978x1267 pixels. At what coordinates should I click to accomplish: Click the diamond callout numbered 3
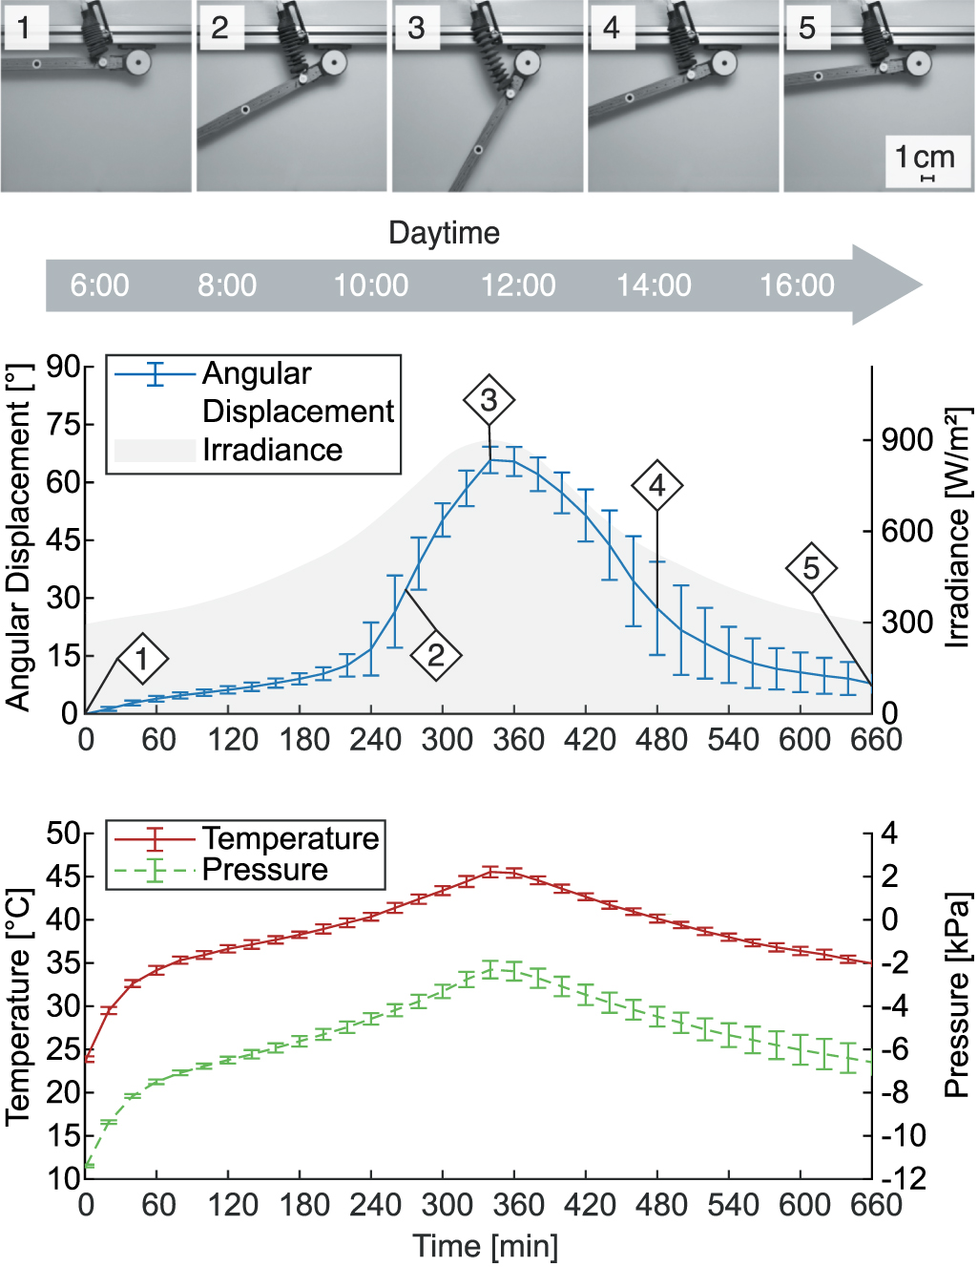point(489,401)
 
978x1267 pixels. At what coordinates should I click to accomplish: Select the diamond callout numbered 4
point(656,486)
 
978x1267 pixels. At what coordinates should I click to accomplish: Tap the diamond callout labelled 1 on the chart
point(142,659)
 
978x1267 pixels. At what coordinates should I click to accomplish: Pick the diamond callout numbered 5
point(811,568)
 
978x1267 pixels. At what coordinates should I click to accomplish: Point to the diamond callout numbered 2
point(436,656)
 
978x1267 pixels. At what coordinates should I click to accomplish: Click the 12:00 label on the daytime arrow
point(518,285)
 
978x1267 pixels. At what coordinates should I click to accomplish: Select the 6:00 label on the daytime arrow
point(99,285)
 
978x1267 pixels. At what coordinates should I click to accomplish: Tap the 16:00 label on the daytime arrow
point(797,285)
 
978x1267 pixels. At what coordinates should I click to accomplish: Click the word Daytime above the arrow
point(444,233)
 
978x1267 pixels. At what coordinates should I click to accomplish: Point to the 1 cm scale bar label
point(925,157)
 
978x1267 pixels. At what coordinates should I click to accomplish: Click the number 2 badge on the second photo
point(219,29)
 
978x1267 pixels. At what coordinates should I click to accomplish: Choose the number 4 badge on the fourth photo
point(612,29)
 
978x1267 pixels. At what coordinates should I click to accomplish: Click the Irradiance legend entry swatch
point(155,451)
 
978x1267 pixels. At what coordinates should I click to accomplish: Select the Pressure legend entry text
point(265,870)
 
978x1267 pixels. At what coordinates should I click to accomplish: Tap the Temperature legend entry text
point(291,838)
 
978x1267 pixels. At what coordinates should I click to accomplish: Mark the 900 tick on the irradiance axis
point(907,440)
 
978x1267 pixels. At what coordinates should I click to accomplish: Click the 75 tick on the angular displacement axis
point(63,424)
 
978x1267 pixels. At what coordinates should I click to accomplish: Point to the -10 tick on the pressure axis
point(902,1135)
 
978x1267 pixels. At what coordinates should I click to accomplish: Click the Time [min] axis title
point(486,1246)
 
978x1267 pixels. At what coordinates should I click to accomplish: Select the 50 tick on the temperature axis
point(63,834)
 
